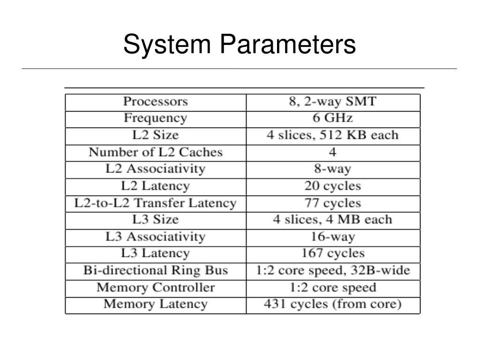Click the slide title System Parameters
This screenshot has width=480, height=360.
click(x=240, y=45)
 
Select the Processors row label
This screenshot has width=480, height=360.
click(x=155, y=102)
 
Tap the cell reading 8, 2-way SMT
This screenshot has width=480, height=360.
click(x=332, y=102)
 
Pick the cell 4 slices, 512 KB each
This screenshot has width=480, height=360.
click(x=332, y=135)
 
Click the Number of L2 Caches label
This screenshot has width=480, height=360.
click(x=155, y=152)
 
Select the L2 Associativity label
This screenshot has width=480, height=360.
click(x=155, y=169)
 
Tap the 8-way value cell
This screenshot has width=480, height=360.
click(x=332, y=169)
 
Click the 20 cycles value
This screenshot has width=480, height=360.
click(x=332, y=186)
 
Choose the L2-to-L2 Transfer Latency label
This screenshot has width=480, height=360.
click(x=155, y=203)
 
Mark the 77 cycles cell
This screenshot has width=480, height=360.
click(x=332, y=203)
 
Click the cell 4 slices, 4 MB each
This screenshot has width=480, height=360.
click(x=332, y=220)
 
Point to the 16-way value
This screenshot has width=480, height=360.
click(x=332, y=237)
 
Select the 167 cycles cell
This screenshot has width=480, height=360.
click(x=332, y=254)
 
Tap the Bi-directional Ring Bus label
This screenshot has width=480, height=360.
click(x=155, y=270)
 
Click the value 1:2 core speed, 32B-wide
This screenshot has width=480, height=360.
click(x=332, y=270)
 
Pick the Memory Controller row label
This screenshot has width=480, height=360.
click(x=155, y=287)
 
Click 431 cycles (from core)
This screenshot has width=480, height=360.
click(x=332, y=304)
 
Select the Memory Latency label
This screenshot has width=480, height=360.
click(x=155, y=304)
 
